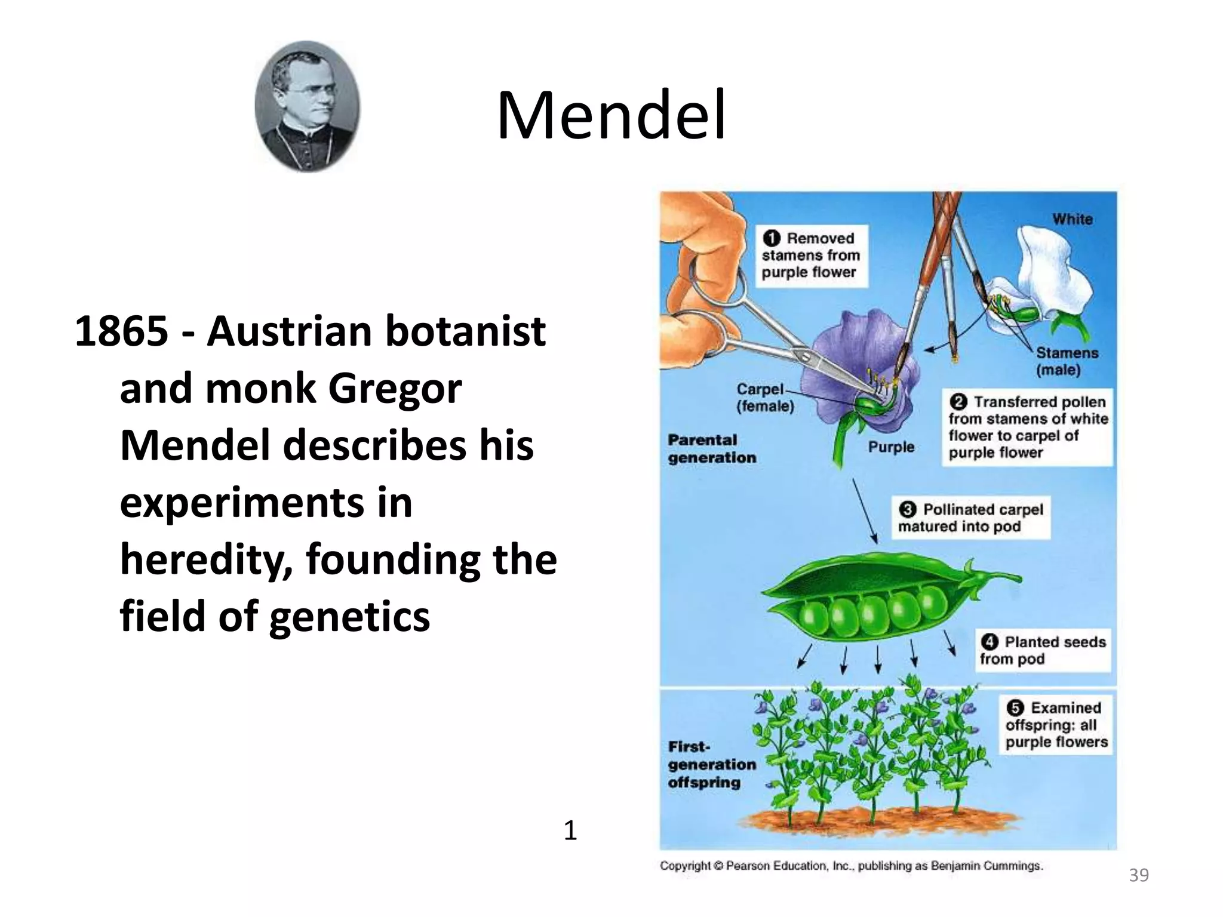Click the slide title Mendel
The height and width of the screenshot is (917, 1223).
(611, 115)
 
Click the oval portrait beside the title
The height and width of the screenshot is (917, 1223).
(307, 106)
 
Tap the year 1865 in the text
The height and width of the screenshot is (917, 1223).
(121, 331)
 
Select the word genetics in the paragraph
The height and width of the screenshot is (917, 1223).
(349, 616)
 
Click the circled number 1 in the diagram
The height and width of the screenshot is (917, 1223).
(772, 238)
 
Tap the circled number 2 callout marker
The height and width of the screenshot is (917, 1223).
(958, 402)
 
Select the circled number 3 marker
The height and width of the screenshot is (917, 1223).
(907, 509)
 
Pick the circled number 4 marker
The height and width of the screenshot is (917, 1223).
(990, 642)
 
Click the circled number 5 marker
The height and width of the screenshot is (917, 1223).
(1015, 708)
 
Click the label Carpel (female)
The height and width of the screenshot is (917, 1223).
(764, 398)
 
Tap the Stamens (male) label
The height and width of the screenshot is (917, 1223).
(1067, 361)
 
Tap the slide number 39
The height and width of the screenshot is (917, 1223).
(1138, 875)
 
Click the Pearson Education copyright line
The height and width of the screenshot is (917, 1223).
(851, 866)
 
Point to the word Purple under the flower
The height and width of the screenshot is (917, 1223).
(891, 447)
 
